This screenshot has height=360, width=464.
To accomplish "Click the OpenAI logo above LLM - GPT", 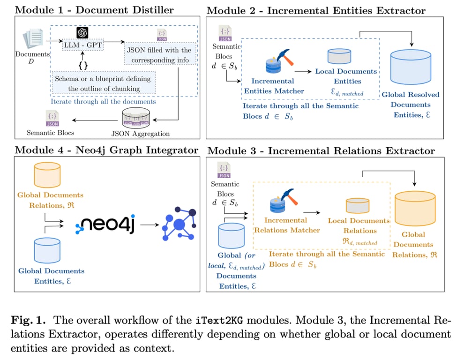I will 82,32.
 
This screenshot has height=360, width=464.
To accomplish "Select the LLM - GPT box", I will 83,45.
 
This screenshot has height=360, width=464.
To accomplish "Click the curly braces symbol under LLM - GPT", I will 83,65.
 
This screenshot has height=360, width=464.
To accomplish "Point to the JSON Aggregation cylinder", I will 135,119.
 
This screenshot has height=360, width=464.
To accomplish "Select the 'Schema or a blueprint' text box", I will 104,83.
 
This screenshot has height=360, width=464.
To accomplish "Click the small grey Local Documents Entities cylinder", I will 339,57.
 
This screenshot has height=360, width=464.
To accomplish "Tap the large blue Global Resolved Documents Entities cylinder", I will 410,67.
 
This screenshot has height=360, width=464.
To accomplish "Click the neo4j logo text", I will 106,225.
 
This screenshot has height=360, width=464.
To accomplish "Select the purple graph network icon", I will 178,225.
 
